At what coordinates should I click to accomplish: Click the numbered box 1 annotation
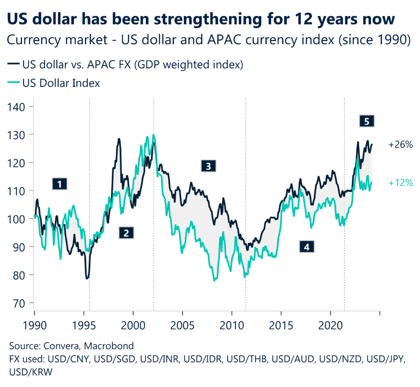tap(60, 184)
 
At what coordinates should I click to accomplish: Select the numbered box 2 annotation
tap(126, 233)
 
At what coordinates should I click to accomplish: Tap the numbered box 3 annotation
tap(208, 166)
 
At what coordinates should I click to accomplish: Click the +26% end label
tap(401, 145)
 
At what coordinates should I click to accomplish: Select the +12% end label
tap(400, 183)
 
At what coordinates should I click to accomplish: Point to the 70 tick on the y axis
tap(18, 303)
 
